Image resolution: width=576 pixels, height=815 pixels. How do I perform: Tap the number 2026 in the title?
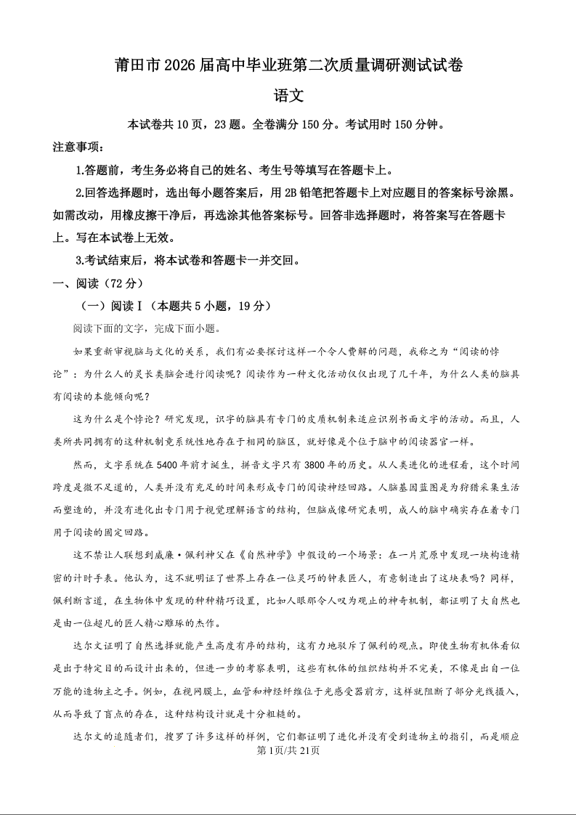(x=183, y=65)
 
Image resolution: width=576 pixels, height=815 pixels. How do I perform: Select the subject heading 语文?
(x=288, y=96)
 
